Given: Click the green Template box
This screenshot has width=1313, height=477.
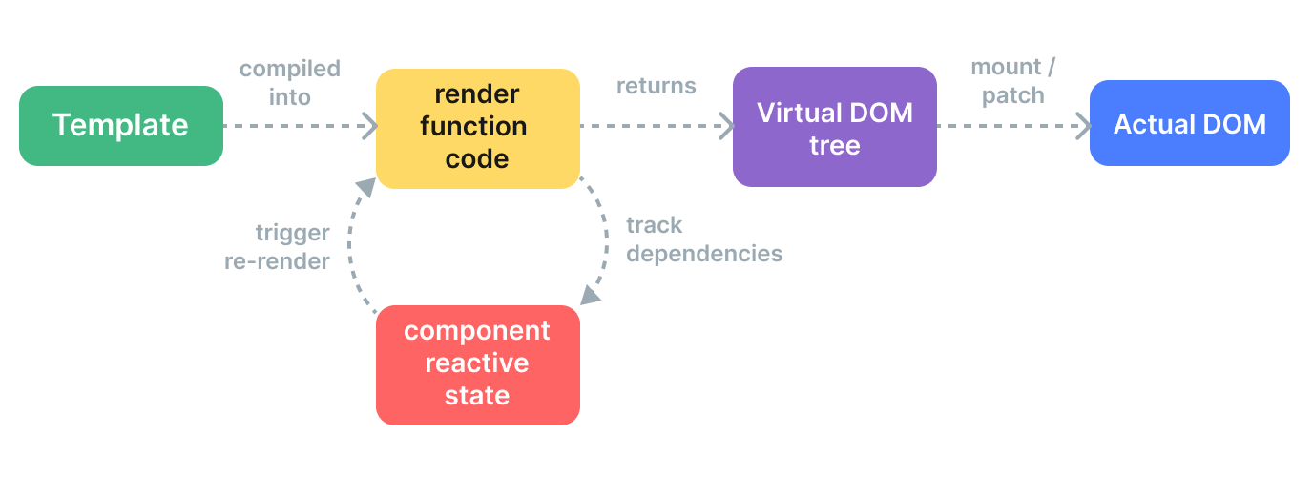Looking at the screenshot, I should coord(121,126).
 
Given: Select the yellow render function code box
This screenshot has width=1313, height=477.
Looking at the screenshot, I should coord(477,128).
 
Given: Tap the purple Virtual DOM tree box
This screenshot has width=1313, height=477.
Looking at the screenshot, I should coord(834,127).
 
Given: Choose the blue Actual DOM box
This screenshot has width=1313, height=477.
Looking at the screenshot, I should coord(1189,124).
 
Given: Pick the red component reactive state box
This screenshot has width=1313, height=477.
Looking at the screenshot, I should coord(477,364).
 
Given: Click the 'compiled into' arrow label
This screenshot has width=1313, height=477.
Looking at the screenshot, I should coord(289,82).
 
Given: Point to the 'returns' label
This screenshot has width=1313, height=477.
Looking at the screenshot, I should coord(656,86).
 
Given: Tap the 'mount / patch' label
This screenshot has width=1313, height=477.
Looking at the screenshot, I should coord(1012,81).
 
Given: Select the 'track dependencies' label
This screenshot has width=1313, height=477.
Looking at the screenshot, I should coord(703,239).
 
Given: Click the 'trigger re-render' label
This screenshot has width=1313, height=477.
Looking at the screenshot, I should coord(278,246).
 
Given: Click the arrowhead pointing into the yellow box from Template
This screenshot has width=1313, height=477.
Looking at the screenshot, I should coord(367,125).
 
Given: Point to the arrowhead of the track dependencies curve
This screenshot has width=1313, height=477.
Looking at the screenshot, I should coord(591,295).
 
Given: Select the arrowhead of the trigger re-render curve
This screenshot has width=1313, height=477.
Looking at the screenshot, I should coord(365,188).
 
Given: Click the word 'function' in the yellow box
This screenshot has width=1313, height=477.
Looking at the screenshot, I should coord(477,127).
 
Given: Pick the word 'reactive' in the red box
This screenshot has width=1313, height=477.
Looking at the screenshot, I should coord(477,363).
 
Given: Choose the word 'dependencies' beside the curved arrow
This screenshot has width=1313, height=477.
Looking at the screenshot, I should coord(703,254).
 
